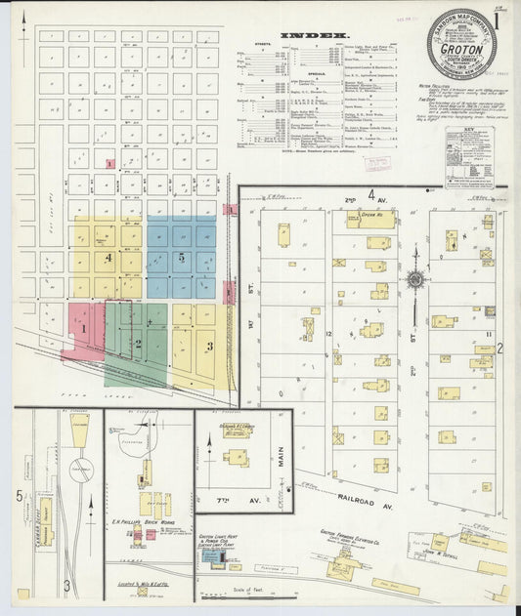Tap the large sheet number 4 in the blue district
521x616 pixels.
click(x=109, y=258)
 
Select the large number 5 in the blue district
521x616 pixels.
click(x=182, y=258)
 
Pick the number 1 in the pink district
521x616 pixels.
click(x=84, y=329)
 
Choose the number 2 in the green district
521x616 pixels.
click(x=139, y=344)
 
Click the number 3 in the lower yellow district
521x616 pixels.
click(x=208, y=345)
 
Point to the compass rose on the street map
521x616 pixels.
click(x=415, y=279)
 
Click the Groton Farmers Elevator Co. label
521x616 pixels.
click(x=348, y=536)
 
